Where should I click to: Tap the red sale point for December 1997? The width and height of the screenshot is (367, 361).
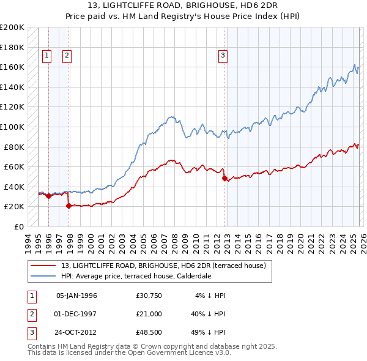[x=69, y=206]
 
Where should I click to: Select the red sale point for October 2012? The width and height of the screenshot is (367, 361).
[x=224, y=178]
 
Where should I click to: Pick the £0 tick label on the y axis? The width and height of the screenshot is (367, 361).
[x=18, y=226]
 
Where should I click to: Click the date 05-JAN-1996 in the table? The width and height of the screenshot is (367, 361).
[x=76, y=296]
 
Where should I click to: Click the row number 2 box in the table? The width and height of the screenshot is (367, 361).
[x=31, y=314]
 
